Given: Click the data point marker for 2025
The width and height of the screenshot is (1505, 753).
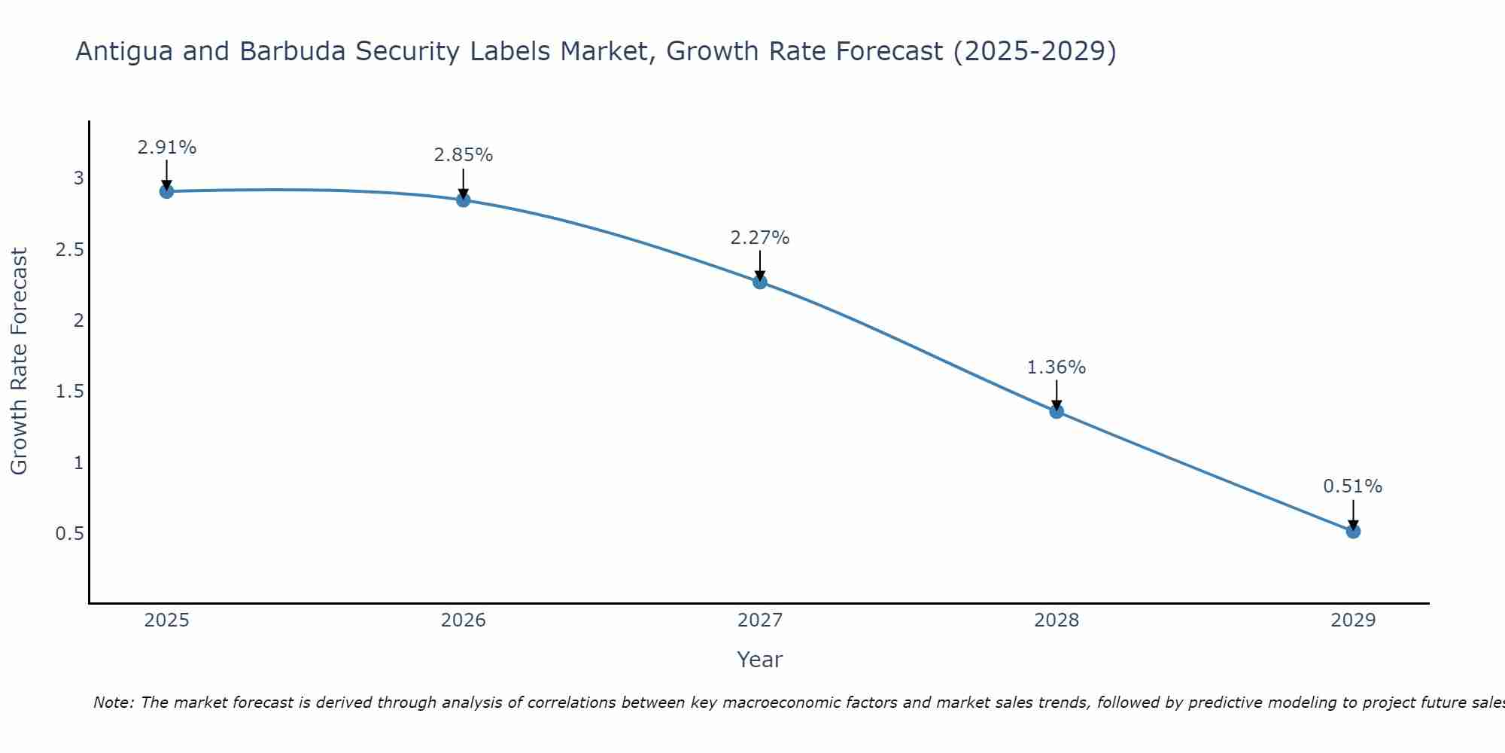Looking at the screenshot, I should tap(167, 191).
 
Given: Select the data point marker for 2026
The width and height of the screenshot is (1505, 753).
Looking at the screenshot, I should tap(464, 200).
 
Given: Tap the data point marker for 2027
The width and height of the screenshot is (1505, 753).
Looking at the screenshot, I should tap(760, 282).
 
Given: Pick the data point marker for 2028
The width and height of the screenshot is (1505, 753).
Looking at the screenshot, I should tap(1057, 411).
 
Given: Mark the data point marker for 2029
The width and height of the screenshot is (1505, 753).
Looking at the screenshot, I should tap(1353, 532).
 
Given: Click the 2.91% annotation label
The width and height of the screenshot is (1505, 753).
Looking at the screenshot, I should tap(167, 148).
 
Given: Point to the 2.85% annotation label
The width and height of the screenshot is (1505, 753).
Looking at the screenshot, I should tap(464, 155).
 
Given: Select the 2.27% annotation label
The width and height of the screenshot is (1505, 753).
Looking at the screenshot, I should tap(760, 238).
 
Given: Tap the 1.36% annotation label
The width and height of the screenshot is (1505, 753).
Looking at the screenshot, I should tap(1057, 367).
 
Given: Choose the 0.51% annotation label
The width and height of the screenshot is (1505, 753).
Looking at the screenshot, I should tap(1353, 486).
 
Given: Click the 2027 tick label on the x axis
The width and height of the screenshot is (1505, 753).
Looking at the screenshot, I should tap(760, 620).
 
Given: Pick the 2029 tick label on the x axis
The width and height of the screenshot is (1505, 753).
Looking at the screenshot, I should tap(1353, 620).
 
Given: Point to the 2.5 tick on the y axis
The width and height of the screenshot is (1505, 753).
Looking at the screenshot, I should tap(69, 250).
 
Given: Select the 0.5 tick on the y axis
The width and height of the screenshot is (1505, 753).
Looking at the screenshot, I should tap(69, 534).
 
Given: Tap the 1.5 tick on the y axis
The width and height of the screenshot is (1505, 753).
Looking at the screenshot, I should tap(69, 392).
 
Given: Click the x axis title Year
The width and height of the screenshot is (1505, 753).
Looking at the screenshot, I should tap(760, 660).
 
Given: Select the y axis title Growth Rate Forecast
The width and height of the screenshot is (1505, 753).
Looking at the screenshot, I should tap(20, 361).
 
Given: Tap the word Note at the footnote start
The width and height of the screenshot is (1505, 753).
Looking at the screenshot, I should tap(113, 703).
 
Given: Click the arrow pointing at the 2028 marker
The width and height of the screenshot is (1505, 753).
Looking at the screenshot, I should tap(1057, 395).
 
